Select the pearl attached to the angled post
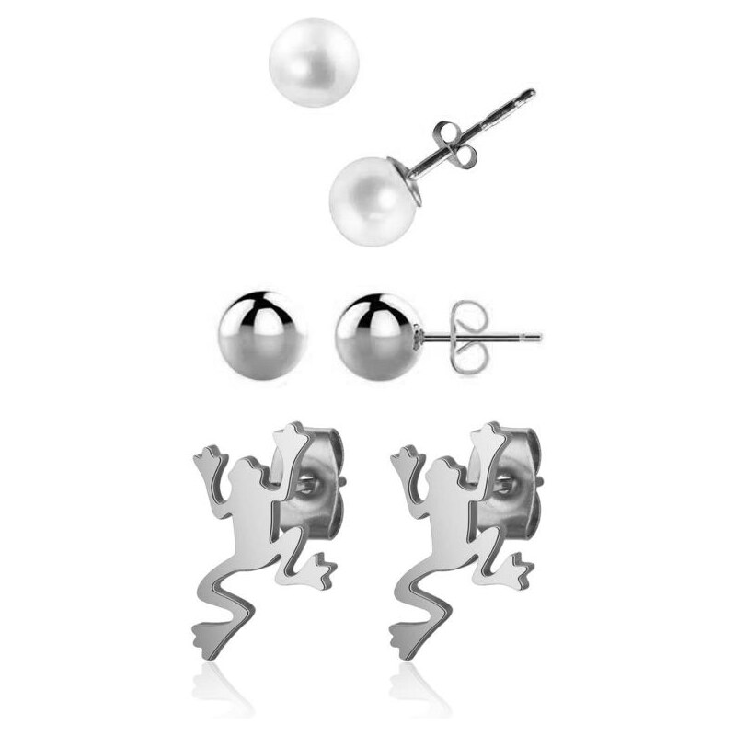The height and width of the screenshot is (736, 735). point(367,201)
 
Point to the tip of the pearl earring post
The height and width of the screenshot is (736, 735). point(531,93)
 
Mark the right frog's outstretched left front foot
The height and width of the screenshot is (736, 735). point(403,456)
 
